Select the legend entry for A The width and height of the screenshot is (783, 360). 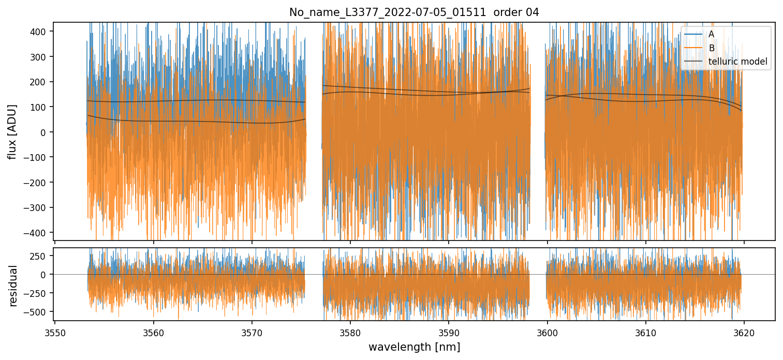click(711, 34)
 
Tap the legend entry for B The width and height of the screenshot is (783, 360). click(711, 48)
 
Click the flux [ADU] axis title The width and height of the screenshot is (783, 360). click(12, 131)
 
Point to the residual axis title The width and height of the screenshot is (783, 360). click(13, 286)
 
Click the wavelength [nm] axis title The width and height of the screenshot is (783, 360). click(414, 347)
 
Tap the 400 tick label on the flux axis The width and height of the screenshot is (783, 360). click(40, 32)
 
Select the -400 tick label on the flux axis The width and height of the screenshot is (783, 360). click(38, 233)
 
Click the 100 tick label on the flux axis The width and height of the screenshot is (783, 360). click(40, 107)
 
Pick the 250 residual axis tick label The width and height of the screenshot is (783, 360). click(40, 256)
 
